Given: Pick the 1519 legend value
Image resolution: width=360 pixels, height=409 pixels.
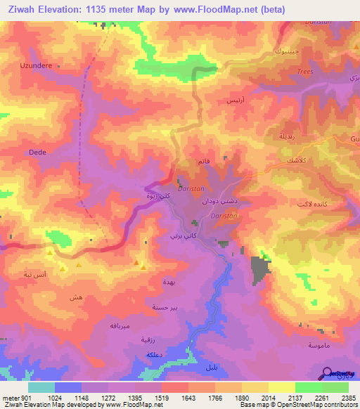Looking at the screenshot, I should pyautogui.click(x=148, y=396).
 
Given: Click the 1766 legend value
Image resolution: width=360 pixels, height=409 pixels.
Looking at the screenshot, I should pyautogui.click(x=202, y=396).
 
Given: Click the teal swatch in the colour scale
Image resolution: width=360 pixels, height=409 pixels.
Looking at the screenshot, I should pyautogui.click(x=41, y=387).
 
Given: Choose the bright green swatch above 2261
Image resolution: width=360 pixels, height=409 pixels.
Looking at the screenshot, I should pyautogui.click(x=308, y=387).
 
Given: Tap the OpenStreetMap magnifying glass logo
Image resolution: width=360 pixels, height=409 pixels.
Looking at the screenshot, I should pyautogui.click(x=327, y=373).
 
